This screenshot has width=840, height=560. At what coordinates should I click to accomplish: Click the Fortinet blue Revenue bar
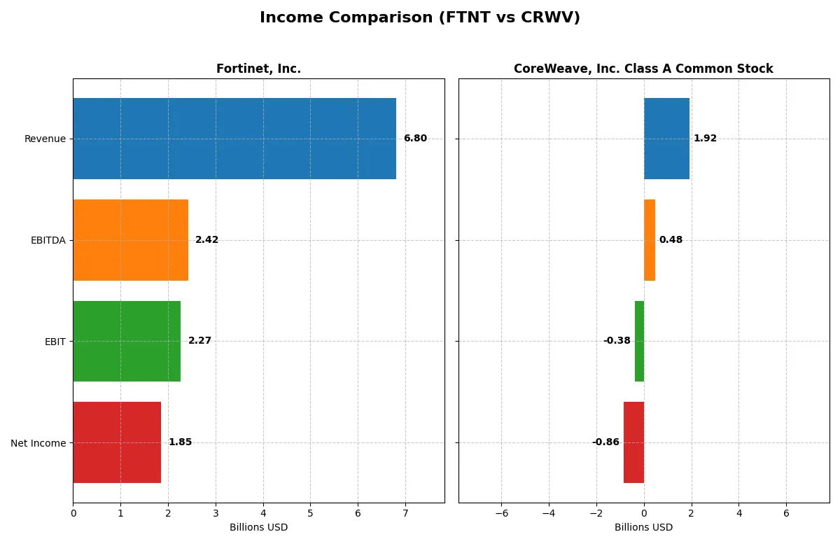click(x=234, y=139)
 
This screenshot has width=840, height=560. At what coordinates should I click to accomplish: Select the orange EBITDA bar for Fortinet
click(x=131, y=240)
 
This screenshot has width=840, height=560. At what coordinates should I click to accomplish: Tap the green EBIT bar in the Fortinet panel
click(x=127, y=341)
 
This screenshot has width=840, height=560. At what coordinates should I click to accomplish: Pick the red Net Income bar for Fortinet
click(x=117, y=442)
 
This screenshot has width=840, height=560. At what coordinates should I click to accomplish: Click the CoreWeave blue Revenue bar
click(x=666, y=139)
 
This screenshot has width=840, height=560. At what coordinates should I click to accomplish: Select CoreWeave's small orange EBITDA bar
click(x=650, y=240)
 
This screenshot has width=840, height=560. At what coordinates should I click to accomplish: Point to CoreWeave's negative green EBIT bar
click(x=639, y=341)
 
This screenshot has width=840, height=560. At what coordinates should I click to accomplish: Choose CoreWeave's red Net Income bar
click(x=633, y=442)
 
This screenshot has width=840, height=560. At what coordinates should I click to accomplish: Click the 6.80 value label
click(x=415, y=139)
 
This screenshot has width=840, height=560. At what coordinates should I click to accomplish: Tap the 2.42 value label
click(x=206, y=240)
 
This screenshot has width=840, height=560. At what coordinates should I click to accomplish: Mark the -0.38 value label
click(x=617, y=341)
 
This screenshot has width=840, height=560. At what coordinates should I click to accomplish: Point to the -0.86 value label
click(x=605, y=442)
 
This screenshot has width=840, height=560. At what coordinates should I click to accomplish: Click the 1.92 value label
click(x=705, y=139)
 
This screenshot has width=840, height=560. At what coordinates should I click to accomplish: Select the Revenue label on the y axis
click(x=45, y=139)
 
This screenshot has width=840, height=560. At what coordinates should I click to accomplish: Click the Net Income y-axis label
click(x=38, y=442)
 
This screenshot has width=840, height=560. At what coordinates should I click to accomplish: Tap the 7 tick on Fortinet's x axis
click(x=405, y=514)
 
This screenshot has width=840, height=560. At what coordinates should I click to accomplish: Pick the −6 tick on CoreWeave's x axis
click(x=501, y=514)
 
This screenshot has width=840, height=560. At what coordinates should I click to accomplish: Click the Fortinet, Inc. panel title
click(x=258, y=69)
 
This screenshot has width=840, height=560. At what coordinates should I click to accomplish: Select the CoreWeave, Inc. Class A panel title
click(x=643, y=69)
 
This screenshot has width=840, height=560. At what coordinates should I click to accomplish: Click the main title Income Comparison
click(x=420, y=18)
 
